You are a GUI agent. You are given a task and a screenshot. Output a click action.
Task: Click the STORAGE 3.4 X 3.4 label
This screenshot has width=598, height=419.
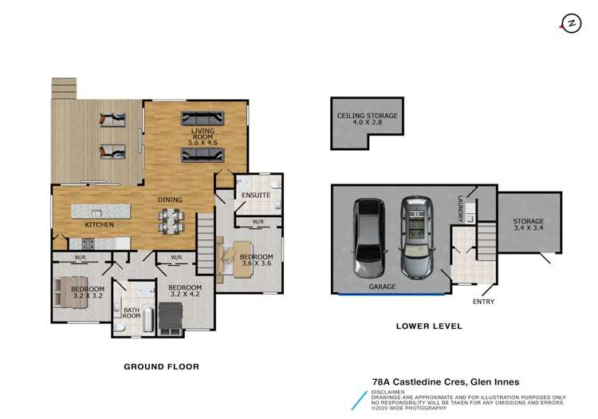(528, 225)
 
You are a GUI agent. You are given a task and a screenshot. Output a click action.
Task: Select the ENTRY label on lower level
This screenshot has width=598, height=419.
(483, 301)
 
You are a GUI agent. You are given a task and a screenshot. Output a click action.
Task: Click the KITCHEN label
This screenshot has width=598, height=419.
(100, 225)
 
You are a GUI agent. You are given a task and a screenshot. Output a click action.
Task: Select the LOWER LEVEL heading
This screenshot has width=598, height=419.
(429, 326)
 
